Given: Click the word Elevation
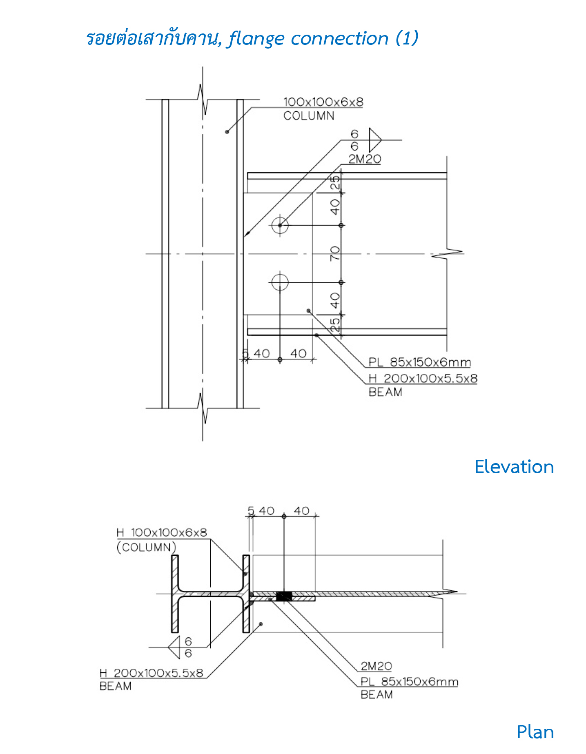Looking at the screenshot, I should click(x=514, y=467).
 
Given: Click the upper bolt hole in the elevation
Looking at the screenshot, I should click(x=280, y=225).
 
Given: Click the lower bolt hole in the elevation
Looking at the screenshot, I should click(x=280, y=282).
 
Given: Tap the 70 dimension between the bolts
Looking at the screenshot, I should click(x=335, y=253).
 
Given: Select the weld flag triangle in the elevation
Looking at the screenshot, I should click(x=374, y=140).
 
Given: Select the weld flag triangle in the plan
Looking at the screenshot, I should click(x=175, y=647).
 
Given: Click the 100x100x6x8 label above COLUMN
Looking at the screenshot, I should click(x=323, y=102).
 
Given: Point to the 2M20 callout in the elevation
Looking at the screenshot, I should click(x=364, y=159).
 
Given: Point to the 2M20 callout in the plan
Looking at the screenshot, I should click(x=376, y=666).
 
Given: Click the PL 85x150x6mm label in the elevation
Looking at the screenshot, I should click(x=419, y=362).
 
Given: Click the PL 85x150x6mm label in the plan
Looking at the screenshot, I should click(x=409, y=682).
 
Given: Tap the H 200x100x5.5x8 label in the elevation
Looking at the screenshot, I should click(x=423, y=378).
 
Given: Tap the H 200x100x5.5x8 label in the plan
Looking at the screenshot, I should click(x=151, y=673).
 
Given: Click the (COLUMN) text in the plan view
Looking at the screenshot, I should click(x=146, y=547).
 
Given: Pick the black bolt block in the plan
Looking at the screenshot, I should click(x=284, y=596).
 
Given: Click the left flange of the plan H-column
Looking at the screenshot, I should click(x=175, y=594).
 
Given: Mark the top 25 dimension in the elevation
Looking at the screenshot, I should click(x=335, y=182).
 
